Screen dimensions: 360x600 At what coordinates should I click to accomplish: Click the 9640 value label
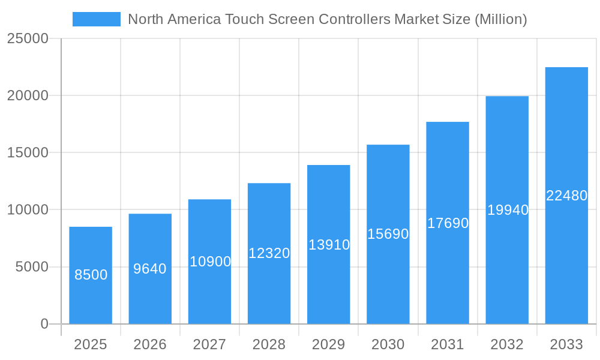coord(150,269)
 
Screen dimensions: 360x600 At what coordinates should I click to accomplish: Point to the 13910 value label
coord(329,245)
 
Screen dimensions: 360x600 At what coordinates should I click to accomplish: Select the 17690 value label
coord(448,223)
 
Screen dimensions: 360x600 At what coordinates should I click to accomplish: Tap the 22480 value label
coord(566,196)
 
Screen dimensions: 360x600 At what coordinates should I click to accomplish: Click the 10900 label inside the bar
coord(210,262)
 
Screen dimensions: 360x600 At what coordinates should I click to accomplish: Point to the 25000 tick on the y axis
coord(27,38)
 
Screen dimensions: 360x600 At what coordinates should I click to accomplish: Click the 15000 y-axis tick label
coord(27,152)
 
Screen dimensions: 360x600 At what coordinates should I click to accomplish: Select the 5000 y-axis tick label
coord(31,267)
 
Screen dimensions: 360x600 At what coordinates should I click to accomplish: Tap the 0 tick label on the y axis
coord(44,324)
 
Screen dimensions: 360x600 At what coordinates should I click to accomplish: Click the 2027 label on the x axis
coord(209,344)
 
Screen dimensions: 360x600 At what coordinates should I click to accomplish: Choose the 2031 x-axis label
coord(448,344)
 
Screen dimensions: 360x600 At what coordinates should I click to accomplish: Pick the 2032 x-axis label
coord(507,344)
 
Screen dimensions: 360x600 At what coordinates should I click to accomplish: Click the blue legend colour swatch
coord(96,19)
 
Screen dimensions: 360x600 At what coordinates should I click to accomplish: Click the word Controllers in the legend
coord(354,19)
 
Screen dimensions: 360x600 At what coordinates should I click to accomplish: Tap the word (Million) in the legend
coord(500,19)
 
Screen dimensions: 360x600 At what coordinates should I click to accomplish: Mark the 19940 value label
coord(508,210)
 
